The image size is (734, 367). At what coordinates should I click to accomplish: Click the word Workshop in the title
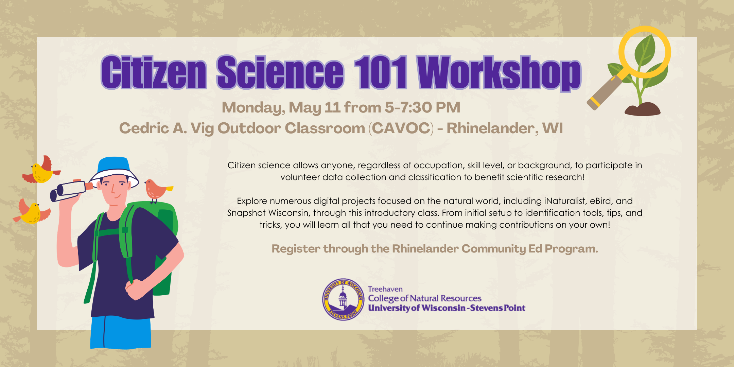pyautogui.click(x=499, y=73)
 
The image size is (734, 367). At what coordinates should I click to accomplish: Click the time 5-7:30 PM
pyautogui.click(x=422, y=108)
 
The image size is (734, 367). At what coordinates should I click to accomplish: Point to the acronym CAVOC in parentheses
pyautogui.click(x=401, y=128)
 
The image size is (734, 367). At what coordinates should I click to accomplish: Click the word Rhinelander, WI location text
pyautogui.click(x=504, y=128)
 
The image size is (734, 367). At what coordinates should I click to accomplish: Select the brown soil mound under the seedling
pyautogui.click(x=642, y=109)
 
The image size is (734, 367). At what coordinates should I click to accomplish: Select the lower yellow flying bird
pyautogui.click(x=31, y=212)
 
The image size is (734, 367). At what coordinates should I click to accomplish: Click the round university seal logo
pyautogui.click(x=343, y=299)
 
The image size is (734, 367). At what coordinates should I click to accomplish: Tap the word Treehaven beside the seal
pyautogui.click(x=385, y=289)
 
